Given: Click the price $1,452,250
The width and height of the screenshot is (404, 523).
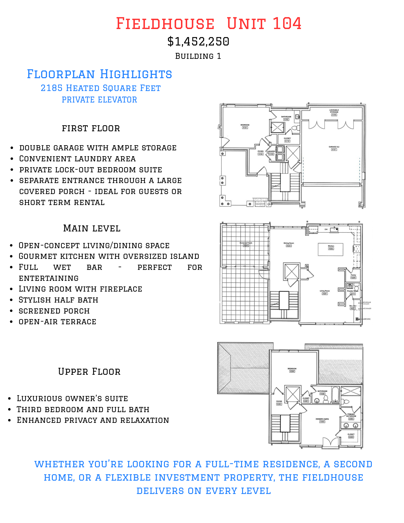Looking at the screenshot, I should click(198, 42).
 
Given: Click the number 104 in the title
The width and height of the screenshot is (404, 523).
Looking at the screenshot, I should click(287, 24).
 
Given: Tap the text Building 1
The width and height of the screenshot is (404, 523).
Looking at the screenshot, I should click(198, 56).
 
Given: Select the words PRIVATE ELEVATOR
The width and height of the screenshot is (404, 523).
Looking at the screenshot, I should click(99, 100).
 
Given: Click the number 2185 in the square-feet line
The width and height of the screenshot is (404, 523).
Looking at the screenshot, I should click(52, 88).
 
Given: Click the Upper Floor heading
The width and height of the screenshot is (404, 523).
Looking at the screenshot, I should click(89, 372).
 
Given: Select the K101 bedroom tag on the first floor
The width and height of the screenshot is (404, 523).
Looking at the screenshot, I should click(245, 128).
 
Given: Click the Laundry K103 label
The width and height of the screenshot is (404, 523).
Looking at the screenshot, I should click(271, 153).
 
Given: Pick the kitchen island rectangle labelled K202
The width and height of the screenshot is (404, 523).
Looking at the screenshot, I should click(331, 249).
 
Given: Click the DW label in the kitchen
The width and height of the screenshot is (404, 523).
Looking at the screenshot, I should click(326, 229).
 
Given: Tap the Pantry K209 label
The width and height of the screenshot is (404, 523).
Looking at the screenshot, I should click(353, 276).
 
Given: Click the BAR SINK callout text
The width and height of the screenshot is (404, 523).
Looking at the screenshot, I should click(367, 319).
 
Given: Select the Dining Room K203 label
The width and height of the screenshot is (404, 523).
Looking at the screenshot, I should click(289, 244).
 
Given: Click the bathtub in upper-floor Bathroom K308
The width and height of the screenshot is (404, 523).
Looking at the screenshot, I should click(335, 394).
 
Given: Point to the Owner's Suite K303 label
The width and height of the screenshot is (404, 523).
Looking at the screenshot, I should click(322, 420).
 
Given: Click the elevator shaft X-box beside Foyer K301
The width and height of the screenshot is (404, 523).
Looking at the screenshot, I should click(293, 394).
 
